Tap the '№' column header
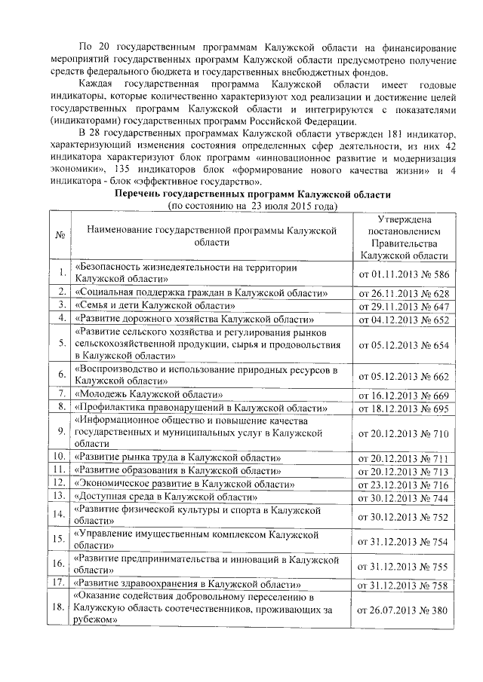coord(60,234)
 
